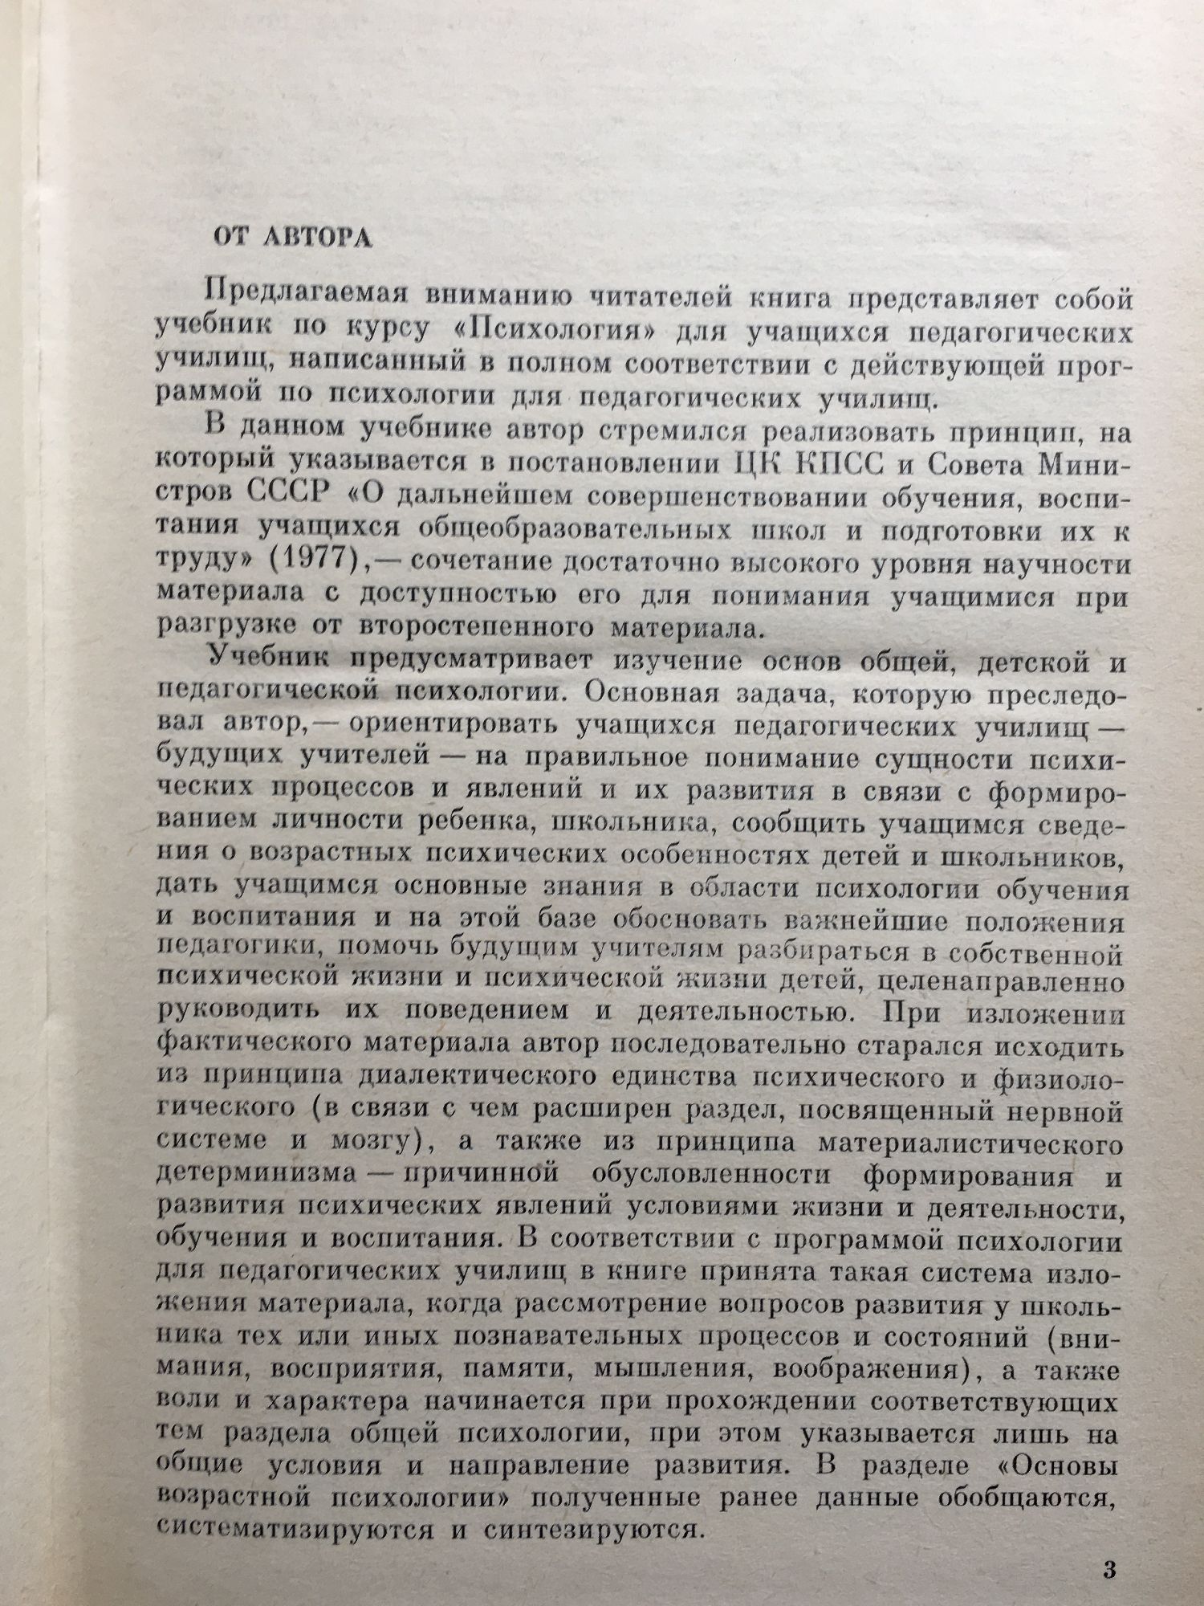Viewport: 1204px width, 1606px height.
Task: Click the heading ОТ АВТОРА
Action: (292, 238)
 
